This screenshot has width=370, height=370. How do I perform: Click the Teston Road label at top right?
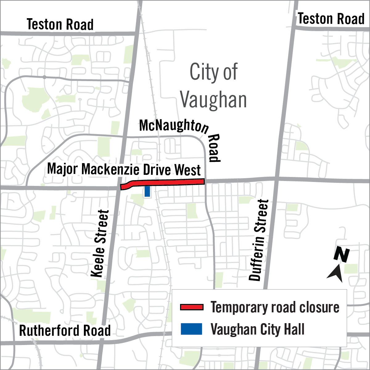point(331,19)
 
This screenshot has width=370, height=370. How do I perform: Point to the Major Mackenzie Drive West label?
point(124,170)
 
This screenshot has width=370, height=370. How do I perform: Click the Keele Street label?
point(100,244)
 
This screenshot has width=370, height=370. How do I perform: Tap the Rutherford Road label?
point(65,331)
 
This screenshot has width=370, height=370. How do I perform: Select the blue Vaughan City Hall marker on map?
point(147,191)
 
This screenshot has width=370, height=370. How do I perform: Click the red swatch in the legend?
point(191,307)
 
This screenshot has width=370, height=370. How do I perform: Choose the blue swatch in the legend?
point(191,329)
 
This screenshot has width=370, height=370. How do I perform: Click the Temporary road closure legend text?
point(275,307)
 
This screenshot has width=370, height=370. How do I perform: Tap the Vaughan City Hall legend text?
point(257,329)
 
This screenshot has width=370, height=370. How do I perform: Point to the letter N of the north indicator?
point(342,254)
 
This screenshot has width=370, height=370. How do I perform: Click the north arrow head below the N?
point(335,273)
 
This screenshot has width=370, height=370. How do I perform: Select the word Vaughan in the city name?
point(213,100)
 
